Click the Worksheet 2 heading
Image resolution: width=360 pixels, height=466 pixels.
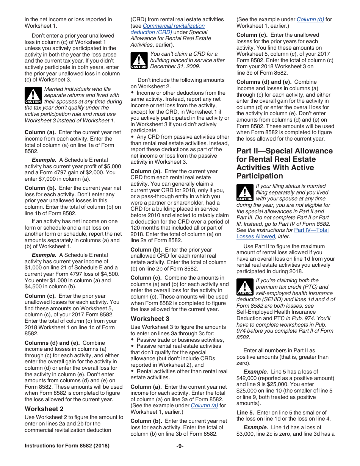44,409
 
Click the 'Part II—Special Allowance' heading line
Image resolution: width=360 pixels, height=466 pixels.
284,151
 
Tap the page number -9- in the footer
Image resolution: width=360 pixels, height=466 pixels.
180,446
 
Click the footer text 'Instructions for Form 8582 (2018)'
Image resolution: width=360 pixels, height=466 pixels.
67,446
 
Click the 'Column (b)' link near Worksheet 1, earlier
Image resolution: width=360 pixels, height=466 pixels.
310,19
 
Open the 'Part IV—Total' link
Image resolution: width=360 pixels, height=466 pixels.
311,230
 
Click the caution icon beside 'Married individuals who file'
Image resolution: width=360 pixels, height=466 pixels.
33,95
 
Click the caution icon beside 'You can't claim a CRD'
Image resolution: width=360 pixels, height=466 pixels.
139,60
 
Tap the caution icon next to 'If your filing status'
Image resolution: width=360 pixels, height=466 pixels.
244,192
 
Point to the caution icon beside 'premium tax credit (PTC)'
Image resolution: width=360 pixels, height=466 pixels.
244,287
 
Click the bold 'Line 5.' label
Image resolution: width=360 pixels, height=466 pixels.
245,413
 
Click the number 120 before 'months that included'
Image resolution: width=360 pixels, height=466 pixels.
135,228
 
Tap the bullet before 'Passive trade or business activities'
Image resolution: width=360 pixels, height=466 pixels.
132,340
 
